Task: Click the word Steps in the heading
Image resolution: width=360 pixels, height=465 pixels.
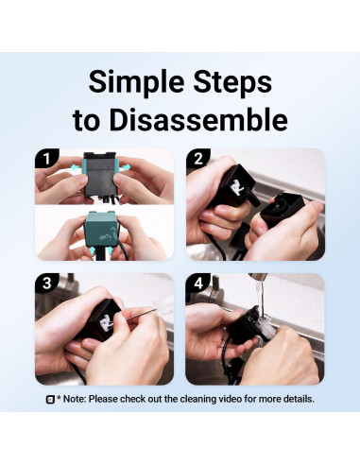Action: (x=232, y=82)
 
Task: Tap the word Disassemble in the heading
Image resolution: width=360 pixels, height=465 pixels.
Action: (x=198, y=120)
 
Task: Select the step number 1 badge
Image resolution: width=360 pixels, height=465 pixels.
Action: (x=46, y=158)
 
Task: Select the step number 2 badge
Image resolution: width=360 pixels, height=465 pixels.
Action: (x=197, y=158)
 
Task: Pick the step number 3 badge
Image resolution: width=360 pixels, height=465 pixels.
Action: (x=46, y=283)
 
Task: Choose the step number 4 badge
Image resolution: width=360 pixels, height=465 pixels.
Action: (x=197, y=283)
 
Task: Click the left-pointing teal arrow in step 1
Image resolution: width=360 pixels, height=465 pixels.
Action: (x=75, y=167)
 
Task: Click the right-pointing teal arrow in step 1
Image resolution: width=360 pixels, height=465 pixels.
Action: (x=125, y=167)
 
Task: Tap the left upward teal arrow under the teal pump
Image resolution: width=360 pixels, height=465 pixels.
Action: (x=92, y=250)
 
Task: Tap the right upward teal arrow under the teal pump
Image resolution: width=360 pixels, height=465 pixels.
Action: (x=110, y=250)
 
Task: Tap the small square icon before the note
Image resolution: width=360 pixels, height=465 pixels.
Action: (x=50, y=400)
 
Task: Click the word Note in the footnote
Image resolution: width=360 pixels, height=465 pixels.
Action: (x=74, y=399)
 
